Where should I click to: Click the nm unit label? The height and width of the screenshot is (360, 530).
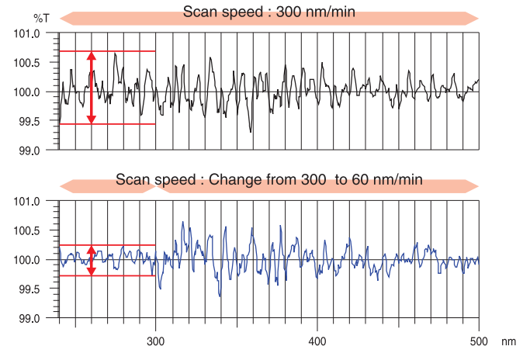(508, 341)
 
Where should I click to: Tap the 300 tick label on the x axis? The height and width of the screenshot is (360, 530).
(156, 341)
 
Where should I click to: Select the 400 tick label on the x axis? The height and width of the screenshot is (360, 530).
(317, 341)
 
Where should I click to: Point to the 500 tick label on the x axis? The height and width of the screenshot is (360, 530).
(479, 341)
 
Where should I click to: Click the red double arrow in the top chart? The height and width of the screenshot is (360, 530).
(91, 88)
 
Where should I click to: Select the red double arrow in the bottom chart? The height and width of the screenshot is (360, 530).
(91, 261)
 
